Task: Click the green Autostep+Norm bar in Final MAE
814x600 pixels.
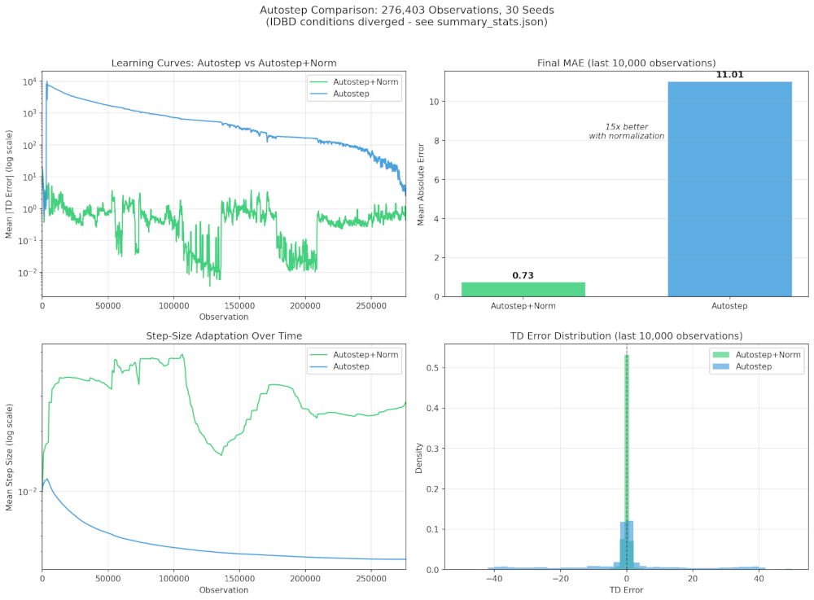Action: [x=523, y=289]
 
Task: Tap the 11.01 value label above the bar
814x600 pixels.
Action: [x=729, y=75]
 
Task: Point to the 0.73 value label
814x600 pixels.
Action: [x=523, y=275]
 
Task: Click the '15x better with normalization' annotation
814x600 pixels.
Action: [x=626, y=131]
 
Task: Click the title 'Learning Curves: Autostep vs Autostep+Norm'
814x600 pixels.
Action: [x=224, y=64]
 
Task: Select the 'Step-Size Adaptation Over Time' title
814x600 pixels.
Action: [x=224, y=335]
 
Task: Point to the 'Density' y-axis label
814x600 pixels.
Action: [x=418, y=457]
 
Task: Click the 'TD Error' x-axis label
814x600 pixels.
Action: [x=626, y=589]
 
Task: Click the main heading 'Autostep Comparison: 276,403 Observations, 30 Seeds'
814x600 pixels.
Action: [x=406, y=10]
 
